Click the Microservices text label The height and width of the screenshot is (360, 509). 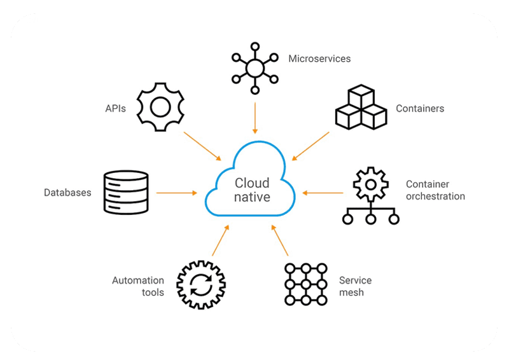point(319,59)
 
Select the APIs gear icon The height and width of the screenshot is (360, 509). point(160,107)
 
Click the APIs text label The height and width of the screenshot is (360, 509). point(115,108)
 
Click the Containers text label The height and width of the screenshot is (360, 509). point(420,109)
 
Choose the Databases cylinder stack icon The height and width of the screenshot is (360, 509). point(126,192)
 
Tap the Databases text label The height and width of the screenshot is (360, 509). point(67,192)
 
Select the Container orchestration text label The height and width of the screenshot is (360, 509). point(435,190)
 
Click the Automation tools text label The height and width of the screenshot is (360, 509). point(138,286)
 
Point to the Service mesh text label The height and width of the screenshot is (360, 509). point(355,286)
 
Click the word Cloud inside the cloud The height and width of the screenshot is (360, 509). point(252,183)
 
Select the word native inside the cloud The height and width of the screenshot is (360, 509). point(252,197)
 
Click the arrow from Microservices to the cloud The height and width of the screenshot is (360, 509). point(254,118)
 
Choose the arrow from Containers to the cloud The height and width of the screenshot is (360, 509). point(311,146)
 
